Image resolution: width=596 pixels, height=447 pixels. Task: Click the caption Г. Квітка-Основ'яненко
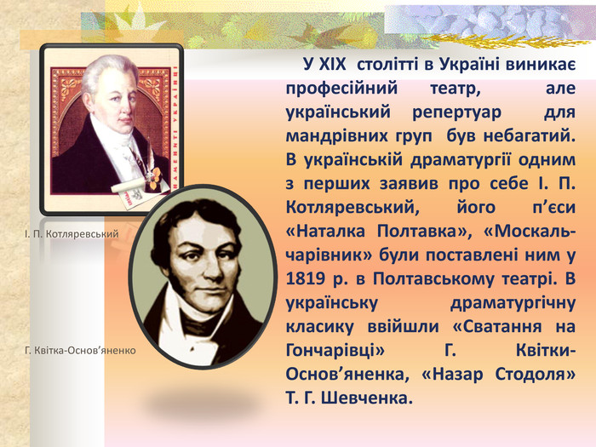point(80,350)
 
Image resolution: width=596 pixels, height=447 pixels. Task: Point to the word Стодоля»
point(529,375)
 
